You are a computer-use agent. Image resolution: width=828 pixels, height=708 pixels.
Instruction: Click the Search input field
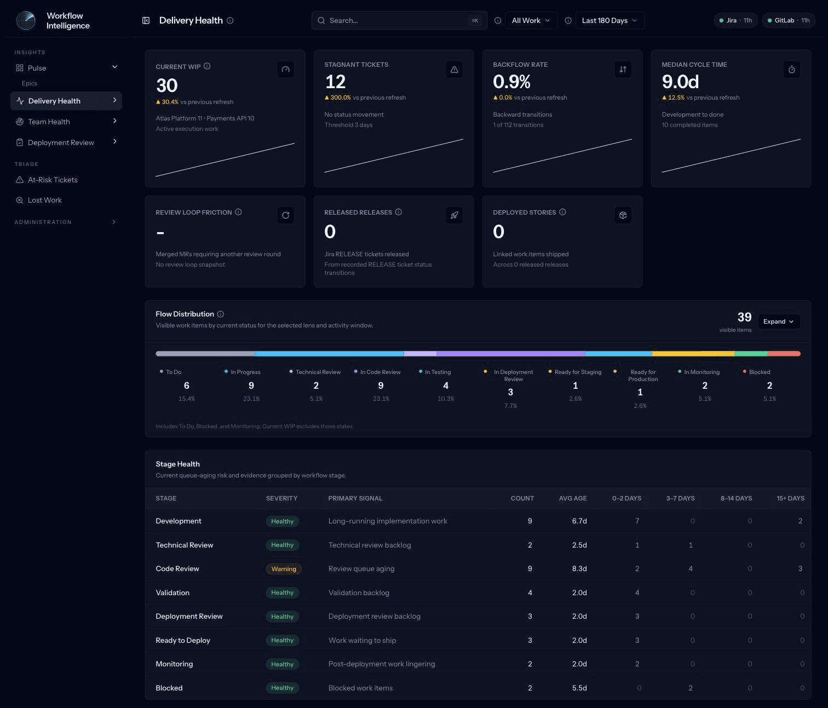(399, 20)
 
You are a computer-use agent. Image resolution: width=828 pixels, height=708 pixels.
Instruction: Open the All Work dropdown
(531, 20)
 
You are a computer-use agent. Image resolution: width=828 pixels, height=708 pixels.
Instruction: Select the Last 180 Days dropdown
(610, 20)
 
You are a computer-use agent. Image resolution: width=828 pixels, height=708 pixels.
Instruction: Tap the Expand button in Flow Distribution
(778, 321)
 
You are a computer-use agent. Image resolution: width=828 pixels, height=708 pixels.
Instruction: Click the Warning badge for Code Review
(284, 569)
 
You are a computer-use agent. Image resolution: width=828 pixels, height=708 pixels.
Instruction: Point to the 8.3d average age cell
(579, 568)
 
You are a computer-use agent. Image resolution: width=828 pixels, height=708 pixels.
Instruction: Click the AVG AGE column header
(573, 498)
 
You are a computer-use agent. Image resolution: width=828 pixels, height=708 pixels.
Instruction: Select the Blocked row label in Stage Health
(169, 688)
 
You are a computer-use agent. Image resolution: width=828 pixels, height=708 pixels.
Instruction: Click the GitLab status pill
(789, 20)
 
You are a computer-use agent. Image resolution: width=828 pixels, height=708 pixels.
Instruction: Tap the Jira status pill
(735, 20)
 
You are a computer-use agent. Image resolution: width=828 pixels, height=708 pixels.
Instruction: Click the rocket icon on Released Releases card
(454, 215)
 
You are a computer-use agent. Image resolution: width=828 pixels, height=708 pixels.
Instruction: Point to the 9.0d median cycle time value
(680, 82)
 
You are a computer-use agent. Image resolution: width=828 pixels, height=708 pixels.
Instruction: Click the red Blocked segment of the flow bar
(784, 354)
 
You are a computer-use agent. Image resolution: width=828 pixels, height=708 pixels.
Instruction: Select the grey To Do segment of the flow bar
(205, 354)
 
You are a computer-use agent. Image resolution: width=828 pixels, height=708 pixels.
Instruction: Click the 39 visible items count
(744, 317)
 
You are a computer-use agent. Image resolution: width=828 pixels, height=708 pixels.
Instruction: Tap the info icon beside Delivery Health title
(230, 20)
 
